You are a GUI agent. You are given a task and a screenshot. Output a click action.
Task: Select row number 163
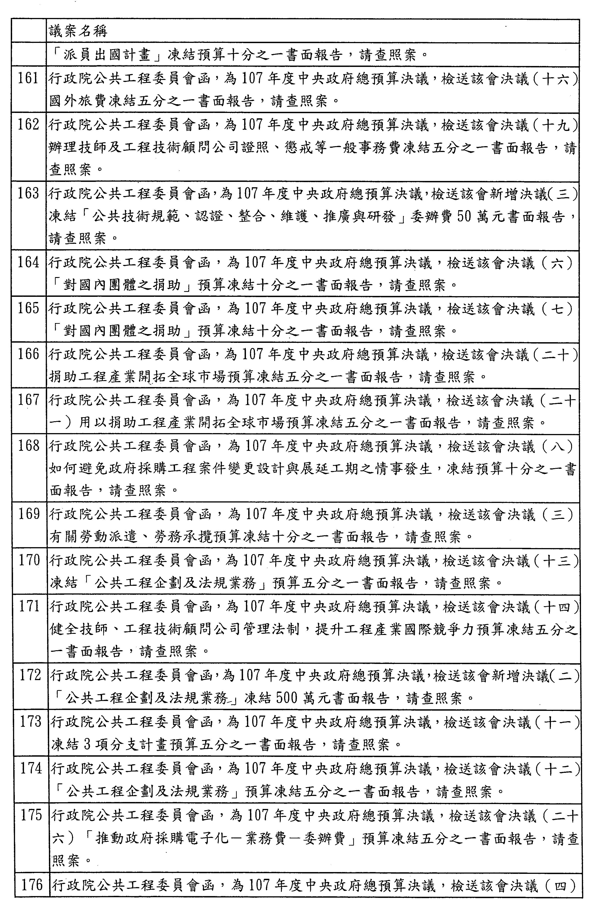(28, 193)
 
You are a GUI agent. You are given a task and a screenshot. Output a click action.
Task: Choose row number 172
(31, 675)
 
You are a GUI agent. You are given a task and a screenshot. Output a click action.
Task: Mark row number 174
(31, 768)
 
